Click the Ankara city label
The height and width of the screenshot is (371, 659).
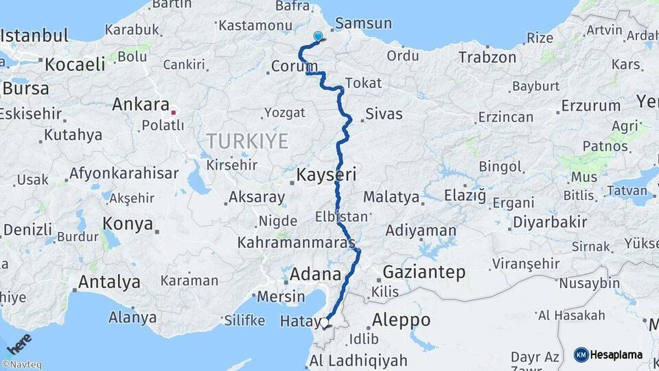pos(140,105)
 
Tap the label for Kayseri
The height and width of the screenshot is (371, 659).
pos(326,176)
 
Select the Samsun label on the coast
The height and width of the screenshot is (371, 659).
pos(364,23)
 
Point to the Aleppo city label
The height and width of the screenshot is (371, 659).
pos(401,320)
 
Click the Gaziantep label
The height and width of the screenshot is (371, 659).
pos(424,272)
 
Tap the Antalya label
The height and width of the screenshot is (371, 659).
pos(109,282)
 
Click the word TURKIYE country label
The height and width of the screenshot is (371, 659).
pos(247,142)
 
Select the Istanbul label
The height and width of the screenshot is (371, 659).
pos(36,36)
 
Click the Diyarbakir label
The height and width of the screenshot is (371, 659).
pos(550,222)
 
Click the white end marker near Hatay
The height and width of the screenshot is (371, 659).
pos(325,322)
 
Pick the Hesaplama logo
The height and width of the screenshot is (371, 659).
pos(608,355)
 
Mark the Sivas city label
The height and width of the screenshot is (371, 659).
pos(384,114)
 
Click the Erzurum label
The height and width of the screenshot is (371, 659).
pos(590,106)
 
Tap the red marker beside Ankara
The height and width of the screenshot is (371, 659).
pos(174,110)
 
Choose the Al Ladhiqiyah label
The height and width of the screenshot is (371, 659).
pos(358,361)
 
